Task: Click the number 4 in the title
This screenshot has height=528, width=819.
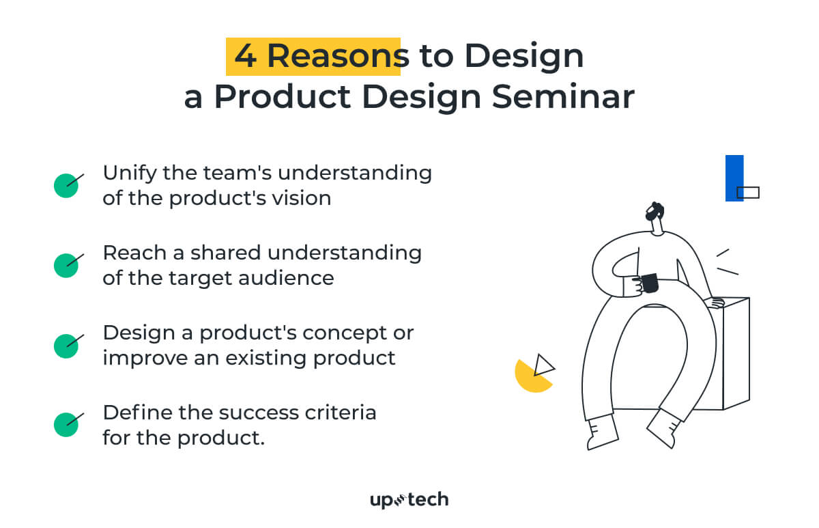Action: tap(246, 57)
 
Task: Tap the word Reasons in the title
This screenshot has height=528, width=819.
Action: tap(334, 57)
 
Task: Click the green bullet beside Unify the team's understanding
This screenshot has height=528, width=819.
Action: tap(66, 185)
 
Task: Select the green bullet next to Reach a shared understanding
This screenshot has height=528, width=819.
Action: tap(66, 265)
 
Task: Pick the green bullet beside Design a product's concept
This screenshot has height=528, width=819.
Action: tap(66, 346)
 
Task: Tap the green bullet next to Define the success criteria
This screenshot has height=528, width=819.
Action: tap(66, 425)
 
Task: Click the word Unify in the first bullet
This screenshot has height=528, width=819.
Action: tap(128, 173)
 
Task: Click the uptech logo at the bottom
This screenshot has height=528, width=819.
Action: tap(409, 500)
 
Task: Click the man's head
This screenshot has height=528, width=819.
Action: tap(655, 217)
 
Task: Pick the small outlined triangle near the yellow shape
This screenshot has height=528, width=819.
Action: tap(544, 365)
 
